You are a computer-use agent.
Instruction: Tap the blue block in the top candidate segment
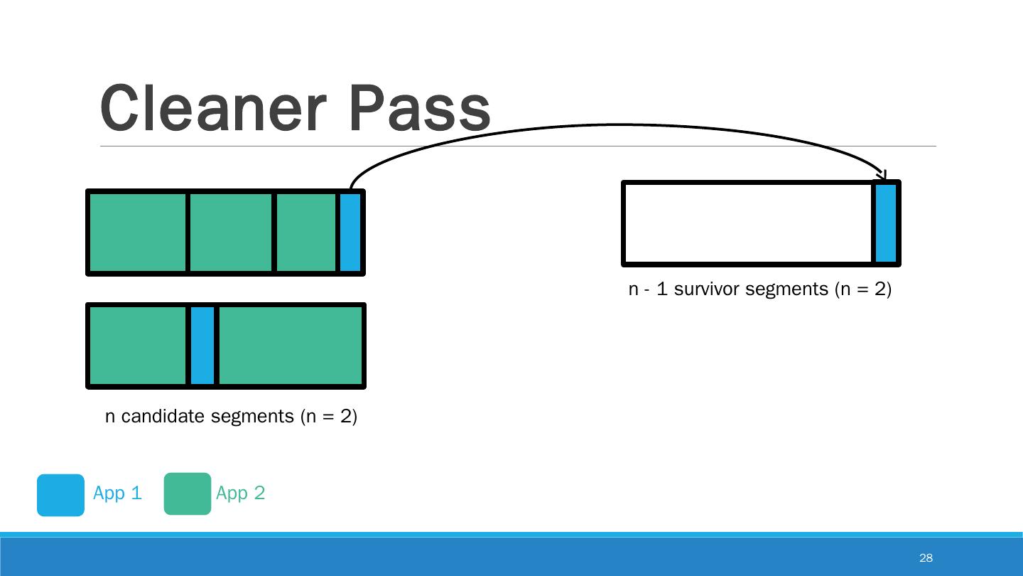[350, 232]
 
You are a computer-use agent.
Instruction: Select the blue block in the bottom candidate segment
[202, 346]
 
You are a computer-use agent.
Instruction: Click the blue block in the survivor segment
[885, 223]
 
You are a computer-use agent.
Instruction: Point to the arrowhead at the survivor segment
[883, 175]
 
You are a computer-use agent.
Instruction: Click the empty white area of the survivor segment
[747, 223]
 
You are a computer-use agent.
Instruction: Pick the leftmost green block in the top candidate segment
[138, 232]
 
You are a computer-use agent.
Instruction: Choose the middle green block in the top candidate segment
[231, 232]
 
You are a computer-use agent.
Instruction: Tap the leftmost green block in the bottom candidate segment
[138, 346]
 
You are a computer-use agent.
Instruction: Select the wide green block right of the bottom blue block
[290, 346]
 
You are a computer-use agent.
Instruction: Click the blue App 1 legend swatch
[60, 494]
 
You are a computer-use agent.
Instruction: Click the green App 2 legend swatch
[188, 494]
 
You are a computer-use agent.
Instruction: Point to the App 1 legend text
[117, 493]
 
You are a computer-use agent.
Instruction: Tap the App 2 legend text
[240, 493]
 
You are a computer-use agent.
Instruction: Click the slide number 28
[926, 558]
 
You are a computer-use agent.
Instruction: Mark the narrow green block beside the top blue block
[305, 232]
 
